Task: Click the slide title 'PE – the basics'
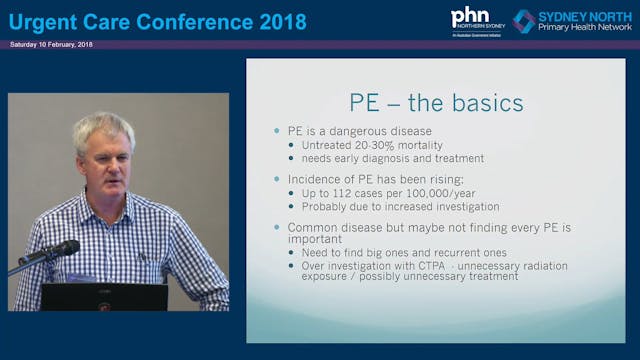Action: click(x=435, y=102)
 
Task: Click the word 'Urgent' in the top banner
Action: click(x=45, y=20)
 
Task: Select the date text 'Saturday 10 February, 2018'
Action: click(x=50, y=45)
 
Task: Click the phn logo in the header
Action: click(x=470, y=17)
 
